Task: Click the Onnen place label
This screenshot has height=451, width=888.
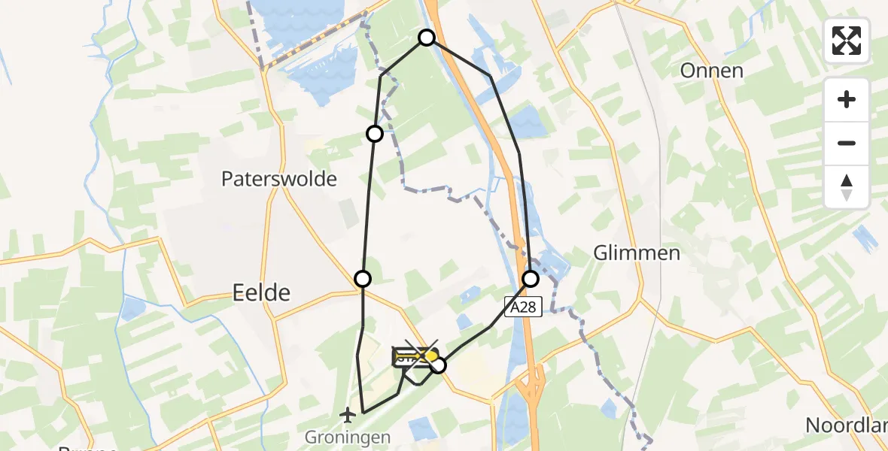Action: (x=711, y=71)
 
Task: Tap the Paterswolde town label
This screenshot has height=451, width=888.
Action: (x=278, y=179)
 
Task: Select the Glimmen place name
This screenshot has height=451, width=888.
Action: (x=637, y=253)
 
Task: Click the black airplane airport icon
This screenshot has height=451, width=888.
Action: (x=348, y=414)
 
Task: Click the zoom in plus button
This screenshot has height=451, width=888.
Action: (x=847, y=100)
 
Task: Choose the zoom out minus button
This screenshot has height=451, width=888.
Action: (x=847, y=143)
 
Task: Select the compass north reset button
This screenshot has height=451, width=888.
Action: (x=847, y=186)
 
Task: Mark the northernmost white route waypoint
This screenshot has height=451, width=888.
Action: (x=427, y=37)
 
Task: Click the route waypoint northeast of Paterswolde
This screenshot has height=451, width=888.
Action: (x=374, y=134)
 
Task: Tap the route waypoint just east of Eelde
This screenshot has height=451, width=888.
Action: (x=363, y=279)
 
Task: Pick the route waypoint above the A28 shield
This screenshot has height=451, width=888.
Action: (x=531, y=279)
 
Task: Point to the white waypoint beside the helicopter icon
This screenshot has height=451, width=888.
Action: (x=438, y=366)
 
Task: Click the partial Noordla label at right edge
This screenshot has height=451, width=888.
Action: (x=847, y=425)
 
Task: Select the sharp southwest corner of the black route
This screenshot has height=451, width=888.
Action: (x=363, y=412)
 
